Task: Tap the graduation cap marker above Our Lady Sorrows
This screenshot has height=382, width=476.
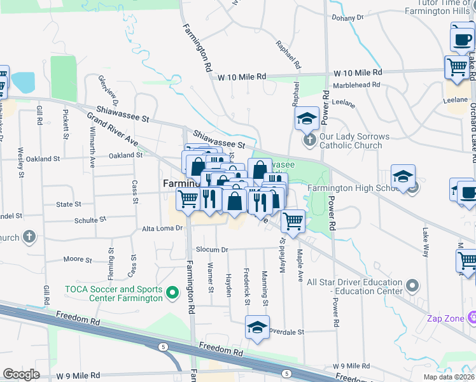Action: pyautogui.click(x=307, y=118)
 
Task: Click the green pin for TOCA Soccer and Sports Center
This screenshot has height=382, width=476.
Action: pyautogui.click(x=171, y=293)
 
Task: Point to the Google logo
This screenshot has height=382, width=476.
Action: pyautogui.click(x=22, y=374)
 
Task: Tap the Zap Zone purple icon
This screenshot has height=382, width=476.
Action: pyautogui.click(x=472, y=316)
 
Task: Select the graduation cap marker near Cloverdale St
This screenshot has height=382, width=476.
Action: pyautogui.click(x=257, y=327)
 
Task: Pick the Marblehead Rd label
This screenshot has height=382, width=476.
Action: pyautogui.click(x=357, y=83)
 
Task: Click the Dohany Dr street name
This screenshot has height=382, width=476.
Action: pyautogui.click(x=352, y=18)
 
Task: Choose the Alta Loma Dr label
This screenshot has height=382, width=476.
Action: pyautogui.click(x=162, y=227)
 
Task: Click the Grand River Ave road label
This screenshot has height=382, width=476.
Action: pyautogui.click(x=113, y=129)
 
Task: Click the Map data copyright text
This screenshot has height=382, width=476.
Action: pyautogui.click(x=449, y=377)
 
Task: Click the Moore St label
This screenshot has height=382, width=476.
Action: pyautogui.click(x=78, y=260)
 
